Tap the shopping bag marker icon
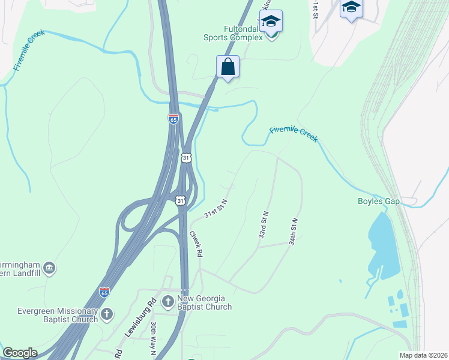click(228, 67)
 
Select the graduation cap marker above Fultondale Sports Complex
click(271, 21)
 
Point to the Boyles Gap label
click(379, 202)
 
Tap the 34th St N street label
click(293, 232)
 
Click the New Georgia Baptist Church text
click(204, 302)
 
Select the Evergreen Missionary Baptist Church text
click(49, 315)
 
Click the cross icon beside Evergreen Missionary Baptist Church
click(107, 314)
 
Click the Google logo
click(20, 353)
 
